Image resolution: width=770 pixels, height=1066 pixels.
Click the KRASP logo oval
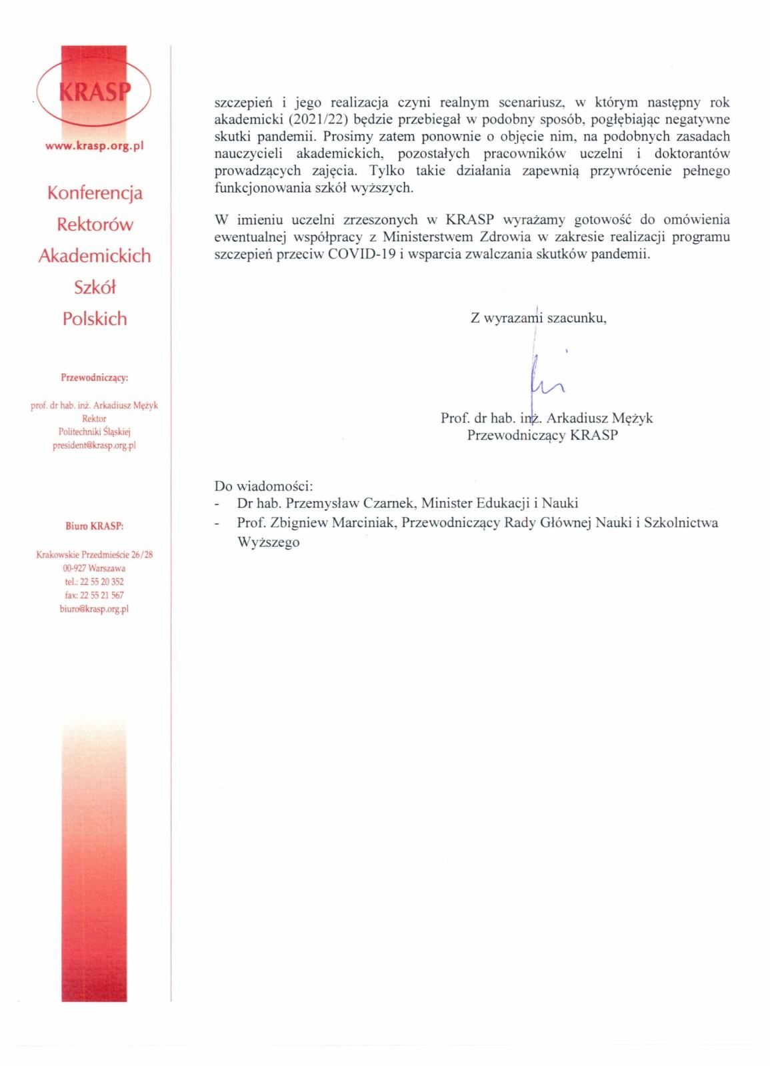(x=94, y=91)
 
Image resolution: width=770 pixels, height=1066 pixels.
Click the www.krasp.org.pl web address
(x=94, y=146)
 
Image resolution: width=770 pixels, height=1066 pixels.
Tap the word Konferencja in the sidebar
(x=95, y=193)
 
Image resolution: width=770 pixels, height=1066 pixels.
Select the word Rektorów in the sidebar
(x=95, y=225)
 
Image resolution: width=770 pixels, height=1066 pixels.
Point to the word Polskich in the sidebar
(x=95, y=319)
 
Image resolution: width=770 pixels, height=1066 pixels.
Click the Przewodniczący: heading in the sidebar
(x=95, y=378)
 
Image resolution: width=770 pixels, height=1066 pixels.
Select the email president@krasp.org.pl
(x=94, y=446)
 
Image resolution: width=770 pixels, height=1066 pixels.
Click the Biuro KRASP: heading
(x=95, y=526)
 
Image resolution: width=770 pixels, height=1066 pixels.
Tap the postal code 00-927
(x=74, y=568)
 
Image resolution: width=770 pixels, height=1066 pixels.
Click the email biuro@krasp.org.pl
(x=94, y=609)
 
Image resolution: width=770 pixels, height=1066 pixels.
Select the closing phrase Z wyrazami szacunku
(x=538, y=318)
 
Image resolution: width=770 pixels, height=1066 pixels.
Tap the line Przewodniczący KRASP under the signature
(x=542, y=436)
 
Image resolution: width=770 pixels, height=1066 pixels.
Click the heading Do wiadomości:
(x=263, y=486)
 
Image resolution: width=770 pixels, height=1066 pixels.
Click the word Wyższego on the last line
(x=268, y=542)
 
